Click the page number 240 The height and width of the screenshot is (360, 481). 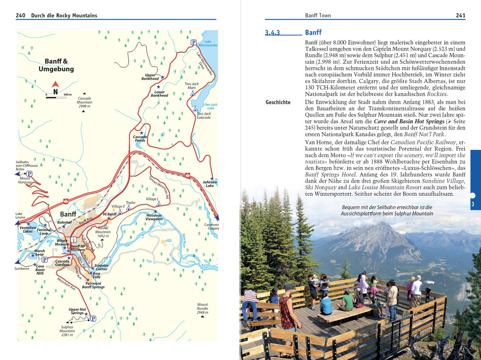(x=20, y=16)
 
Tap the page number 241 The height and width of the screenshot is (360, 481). (x=460, y=16)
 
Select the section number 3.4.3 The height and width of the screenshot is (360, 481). (x=273, y=33)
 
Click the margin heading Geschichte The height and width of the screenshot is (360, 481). (x=278, y=102)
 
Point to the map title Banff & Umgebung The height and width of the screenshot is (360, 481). (x=56, y=65)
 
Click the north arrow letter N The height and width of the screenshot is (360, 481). (x=55, y=92)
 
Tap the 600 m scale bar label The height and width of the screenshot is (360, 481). (x=67, y=95)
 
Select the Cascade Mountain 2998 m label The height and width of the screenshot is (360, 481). (x=84, y=102)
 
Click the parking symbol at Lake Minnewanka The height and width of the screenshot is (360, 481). (x=193, y=42)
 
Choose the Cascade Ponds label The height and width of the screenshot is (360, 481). (x=140, y=139)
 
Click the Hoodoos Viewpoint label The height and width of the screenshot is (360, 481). (x=154, y=217)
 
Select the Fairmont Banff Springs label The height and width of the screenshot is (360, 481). (x=93, y=285)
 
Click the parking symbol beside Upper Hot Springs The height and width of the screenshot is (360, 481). (x=93, y=318)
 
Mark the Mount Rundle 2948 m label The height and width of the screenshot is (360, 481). (x=202, y=309)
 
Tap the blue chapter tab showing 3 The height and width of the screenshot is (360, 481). (x=475, y=204)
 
